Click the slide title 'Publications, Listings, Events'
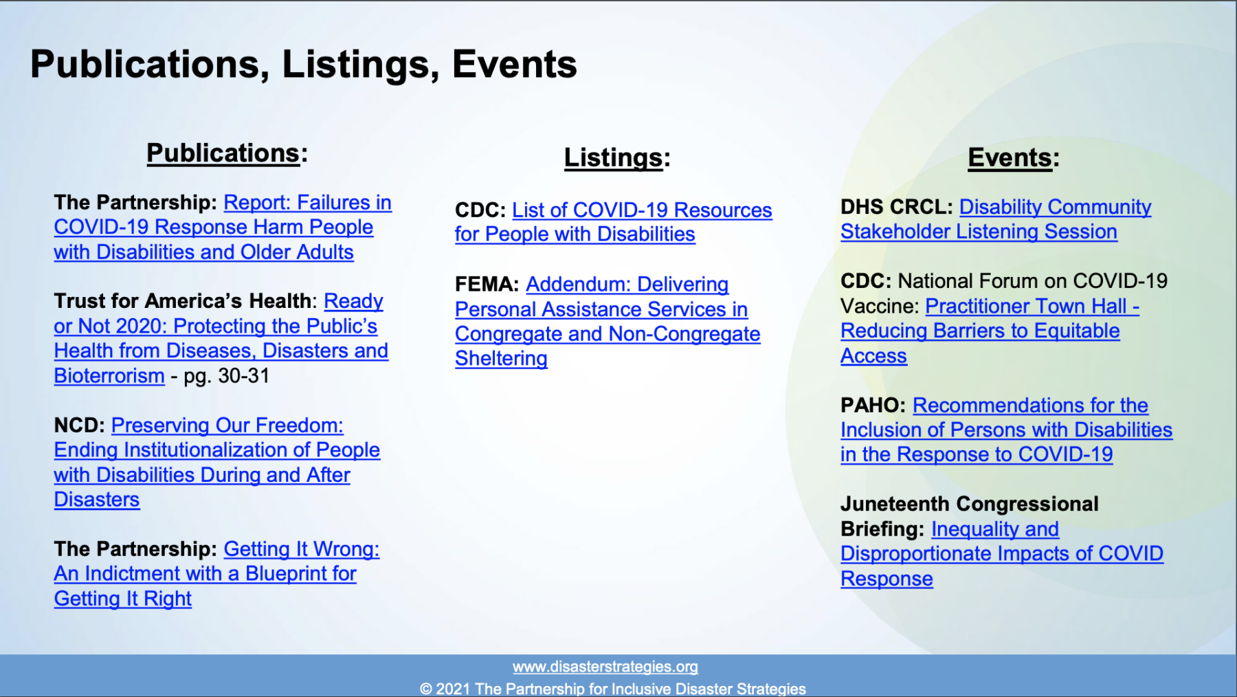[303, 65]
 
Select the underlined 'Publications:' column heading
[227, 153]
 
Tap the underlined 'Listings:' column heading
[616, 157]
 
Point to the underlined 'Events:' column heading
[1014, 157]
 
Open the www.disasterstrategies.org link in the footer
[605, 667]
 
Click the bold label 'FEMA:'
[487, 284]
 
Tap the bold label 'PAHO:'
[873, 405]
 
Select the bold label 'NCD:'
[79, 425]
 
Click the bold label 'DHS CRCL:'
[896, 206]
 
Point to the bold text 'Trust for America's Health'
[183, 300]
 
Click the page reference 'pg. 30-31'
[226, 376]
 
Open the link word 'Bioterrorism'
[109, 376]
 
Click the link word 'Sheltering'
[501, 358]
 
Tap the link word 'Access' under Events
[873, 355]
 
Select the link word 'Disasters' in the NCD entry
[97, 500]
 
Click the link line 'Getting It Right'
[123, 599]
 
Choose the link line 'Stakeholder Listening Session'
[979, 232]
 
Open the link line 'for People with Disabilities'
[575, 234]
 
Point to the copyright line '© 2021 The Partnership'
[612, 688]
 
